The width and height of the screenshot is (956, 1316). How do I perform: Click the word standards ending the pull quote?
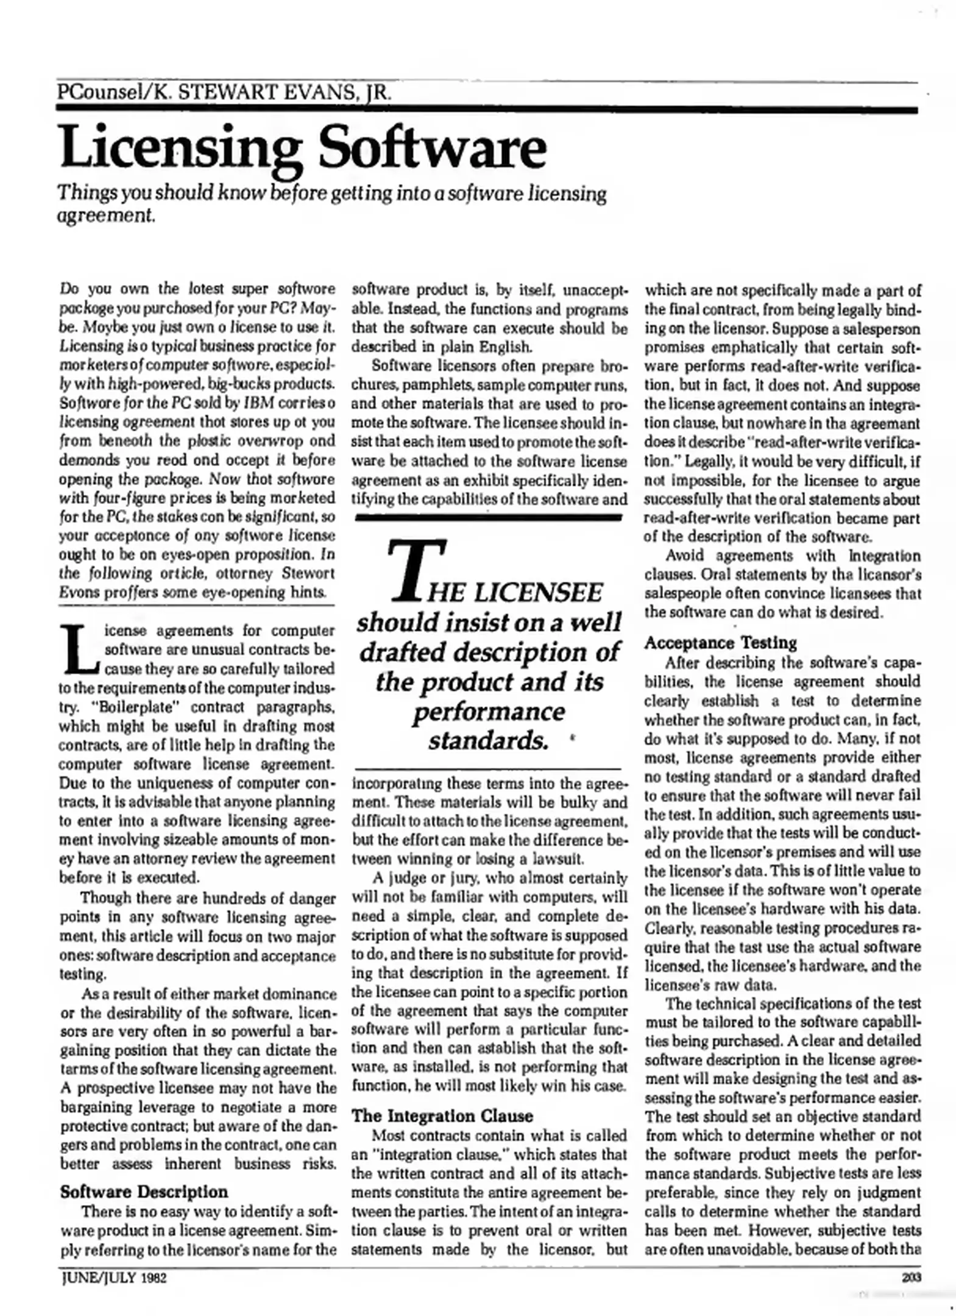487,741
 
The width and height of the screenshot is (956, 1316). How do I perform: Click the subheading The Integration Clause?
442,1116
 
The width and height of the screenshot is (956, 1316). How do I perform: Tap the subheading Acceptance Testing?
720,643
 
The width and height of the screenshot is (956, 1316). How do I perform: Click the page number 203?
912,1278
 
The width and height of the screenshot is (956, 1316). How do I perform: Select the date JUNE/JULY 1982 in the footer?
113,1278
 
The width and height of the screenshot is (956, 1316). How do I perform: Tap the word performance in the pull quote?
488,711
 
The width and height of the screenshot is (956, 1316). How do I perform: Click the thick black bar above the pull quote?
487,517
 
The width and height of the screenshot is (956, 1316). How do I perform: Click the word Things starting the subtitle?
85,194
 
